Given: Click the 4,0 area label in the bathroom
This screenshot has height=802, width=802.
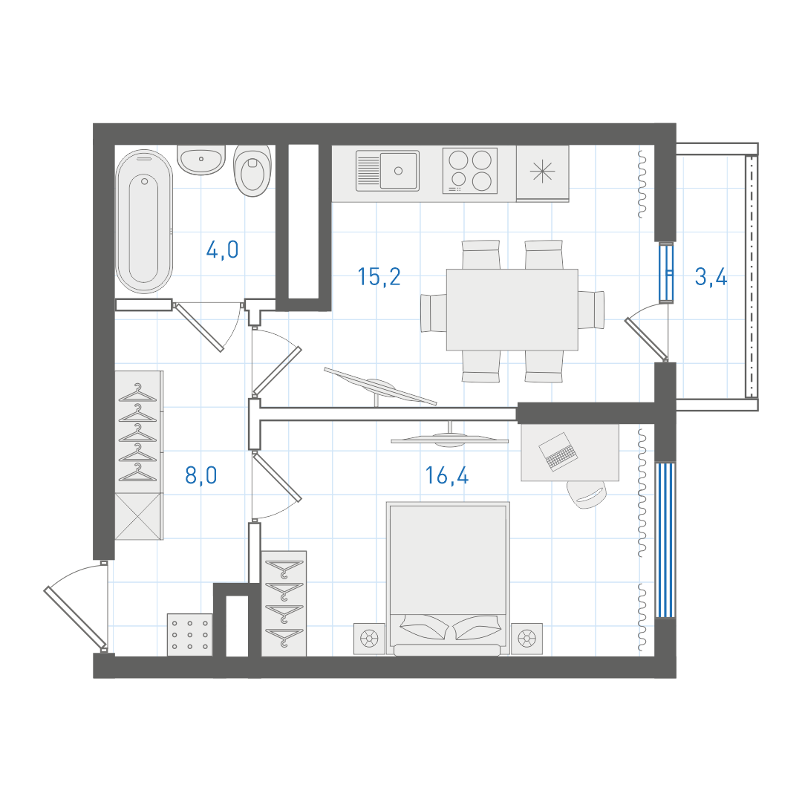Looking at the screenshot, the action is click(x=223, y=250).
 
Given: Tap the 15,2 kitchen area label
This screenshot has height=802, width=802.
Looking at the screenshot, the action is click(x=379, y=277).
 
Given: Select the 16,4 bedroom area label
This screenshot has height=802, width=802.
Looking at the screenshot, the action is click(x=447, y=475).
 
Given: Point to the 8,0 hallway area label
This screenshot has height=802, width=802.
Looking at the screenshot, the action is click(x=201, y=475).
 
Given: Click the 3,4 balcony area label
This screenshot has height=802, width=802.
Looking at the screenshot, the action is click(x=711, y=277).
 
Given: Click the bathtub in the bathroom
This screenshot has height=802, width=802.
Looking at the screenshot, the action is click(x=144, y=221).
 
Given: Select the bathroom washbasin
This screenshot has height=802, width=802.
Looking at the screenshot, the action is click(x=201, y=160).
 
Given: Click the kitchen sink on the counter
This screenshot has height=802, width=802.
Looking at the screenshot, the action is click(x=387, y=171).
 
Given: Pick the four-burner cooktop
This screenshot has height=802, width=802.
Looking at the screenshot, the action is click(x=470, y=171).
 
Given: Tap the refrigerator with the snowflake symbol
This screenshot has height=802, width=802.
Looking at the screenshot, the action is click(x=543, y=173).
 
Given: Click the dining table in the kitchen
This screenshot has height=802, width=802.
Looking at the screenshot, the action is click(x=512, y=310).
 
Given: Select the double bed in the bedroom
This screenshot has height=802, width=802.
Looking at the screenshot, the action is click(x=448, y=578).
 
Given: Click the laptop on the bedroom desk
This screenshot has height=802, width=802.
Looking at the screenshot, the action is click(x=558, y=451).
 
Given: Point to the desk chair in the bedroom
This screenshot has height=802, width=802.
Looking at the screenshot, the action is click(x=587, y=494).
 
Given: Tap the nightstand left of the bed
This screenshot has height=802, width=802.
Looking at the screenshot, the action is click(x=369, y=639).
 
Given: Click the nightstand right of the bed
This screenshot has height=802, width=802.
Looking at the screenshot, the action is click(x=526, y=639).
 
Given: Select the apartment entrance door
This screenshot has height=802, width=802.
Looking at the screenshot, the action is click(x=75, y=617).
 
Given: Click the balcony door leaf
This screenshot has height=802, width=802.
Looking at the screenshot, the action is click(x=646, y=339).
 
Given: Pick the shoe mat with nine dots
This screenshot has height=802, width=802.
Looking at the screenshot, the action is click(x=190, y=635).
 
